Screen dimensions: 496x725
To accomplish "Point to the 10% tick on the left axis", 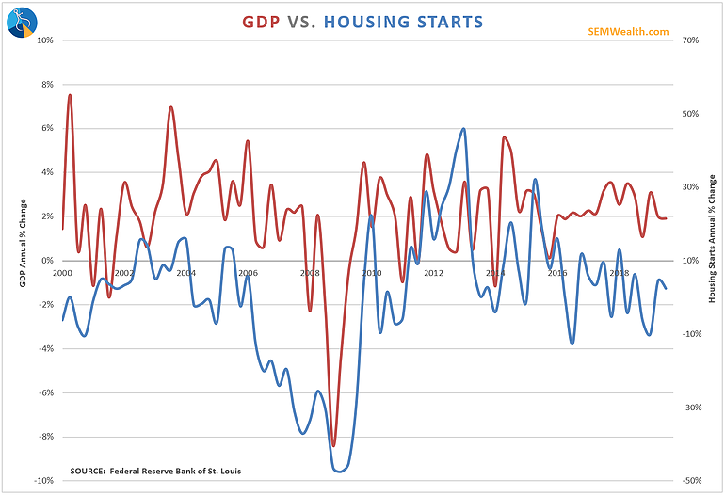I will click(x=43, y=40).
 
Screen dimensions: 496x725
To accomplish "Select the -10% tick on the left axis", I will click(x=42, y=480).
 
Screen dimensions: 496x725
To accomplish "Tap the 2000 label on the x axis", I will click(x=62, y=273).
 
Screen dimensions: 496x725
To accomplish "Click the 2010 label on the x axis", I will click(x=371, y=273).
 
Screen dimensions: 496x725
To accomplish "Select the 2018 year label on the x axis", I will click(x=619, y=273).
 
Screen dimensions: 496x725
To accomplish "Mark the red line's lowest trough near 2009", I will click(x=333, y=445).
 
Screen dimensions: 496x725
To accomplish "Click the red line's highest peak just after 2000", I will click(x=70, y=95).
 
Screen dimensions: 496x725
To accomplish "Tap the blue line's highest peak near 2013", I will click(x=463, y=129).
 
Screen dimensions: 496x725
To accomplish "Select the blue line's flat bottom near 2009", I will click(x=340, y=470).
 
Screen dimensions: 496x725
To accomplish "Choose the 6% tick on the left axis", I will click(x=45, y=128).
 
